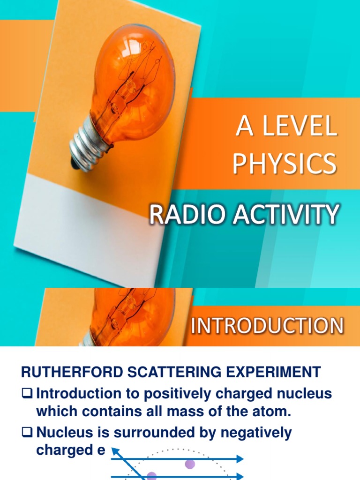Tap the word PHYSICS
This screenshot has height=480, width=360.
click(x=285, y=164)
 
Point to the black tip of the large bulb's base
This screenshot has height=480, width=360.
click(x=75, y=163)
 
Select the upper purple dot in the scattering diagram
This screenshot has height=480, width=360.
click(x=190, y=464)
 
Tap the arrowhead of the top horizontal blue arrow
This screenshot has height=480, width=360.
click(x=240, y=459)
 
